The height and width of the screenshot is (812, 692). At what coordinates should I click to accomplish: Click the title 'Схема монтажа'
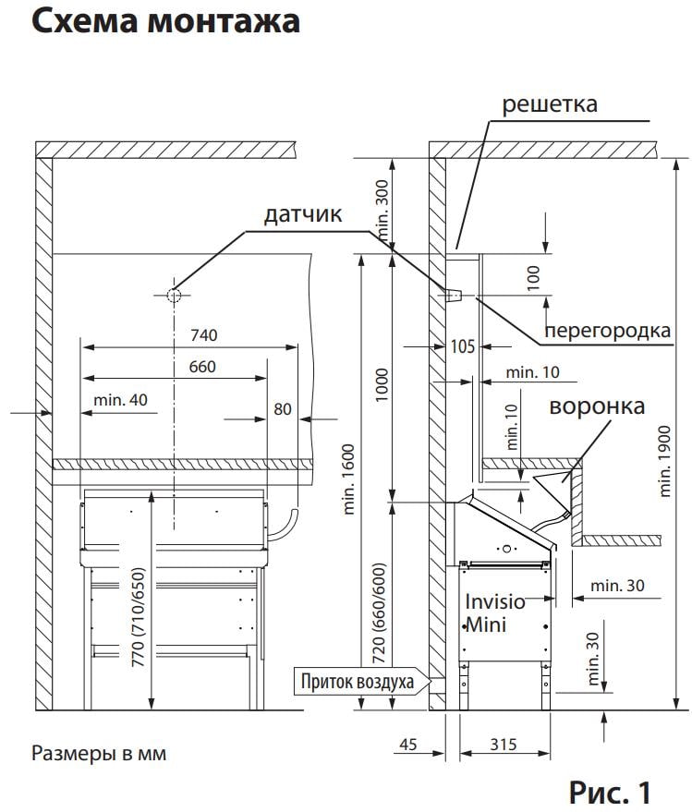tap(165, 21)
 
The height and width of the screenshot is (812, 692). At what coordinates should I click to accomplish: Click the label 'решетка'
tap(549, 103)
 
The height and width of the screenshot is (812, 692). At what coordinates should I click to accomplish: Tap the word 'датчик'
tap(303, 215)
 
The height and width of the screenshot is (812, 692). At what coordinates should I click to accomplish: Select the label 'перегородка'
tap(607, 330)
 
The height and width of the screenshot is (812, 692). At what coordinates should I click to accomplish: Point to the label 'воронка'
tap(596, 406)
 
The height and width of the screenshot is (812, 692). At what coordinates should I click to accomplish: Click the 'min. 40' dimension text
tap(119, 400)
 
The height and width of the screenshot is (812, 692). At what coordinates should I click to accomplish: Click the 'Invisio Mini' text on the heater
tap(494, 613)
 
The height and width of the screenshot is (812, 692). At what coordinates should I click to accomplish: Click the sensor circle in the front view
tap(174, 295)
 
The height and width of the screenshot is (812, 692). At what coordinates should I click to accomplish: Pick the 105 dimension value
tap(462, 346)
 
